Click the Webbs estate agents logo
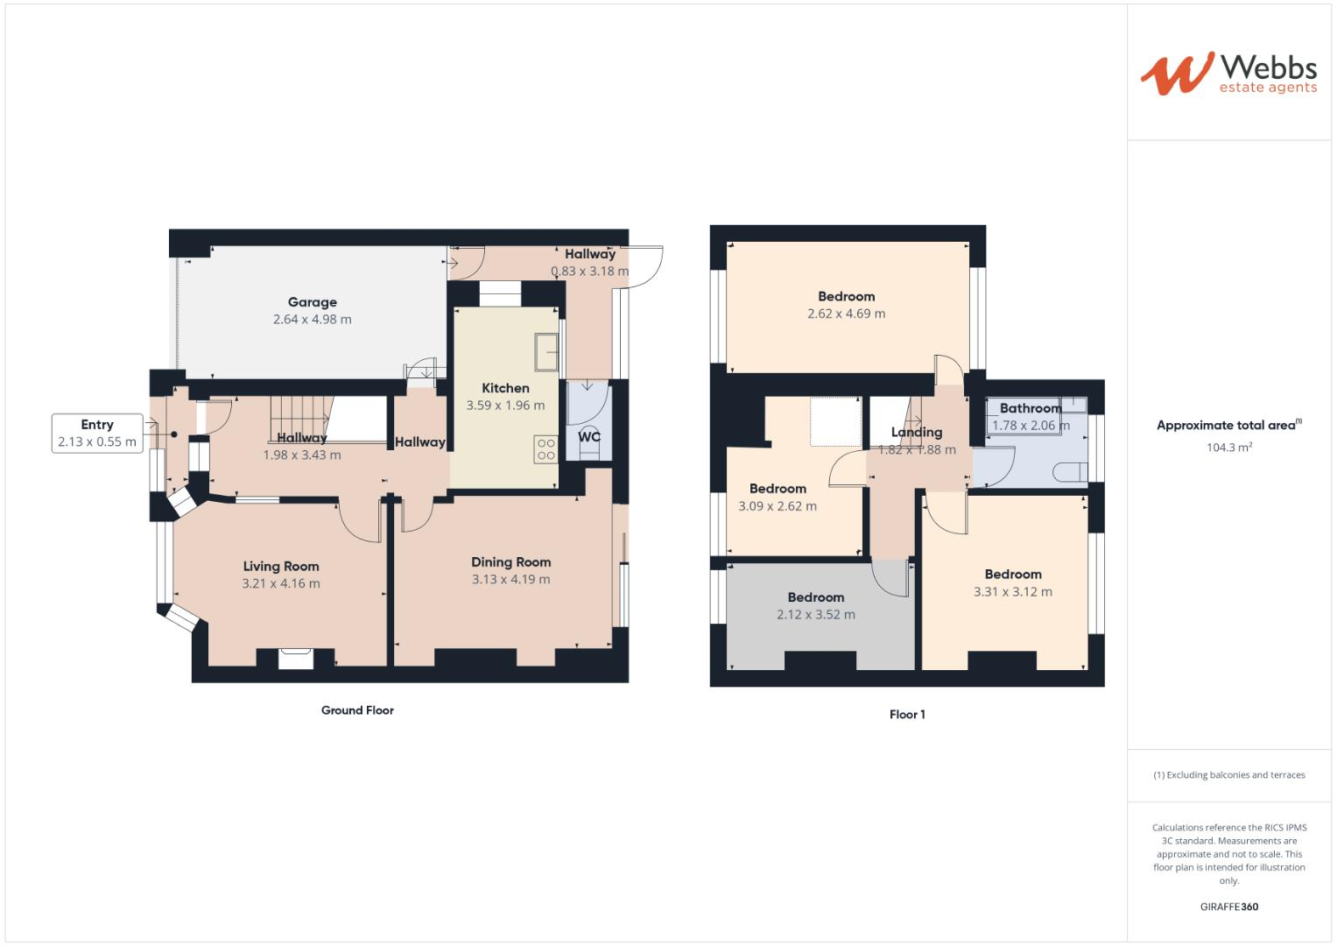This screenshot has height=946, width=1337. [x=1228, y=74]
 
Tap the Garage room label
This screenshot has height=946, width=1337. [x=312, y=302]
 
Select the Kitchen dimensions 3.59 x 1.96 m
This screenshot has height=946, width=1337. [x=505, y=406]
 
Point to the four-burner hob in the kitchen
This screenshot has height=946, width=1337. [x=546, y=449]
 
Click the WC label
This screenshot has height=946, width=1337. [x=589, y=436]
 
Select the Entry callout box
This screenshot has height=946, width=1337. [x=97, y=434]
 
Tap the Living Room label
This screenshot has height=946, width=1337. [x=280, y=566]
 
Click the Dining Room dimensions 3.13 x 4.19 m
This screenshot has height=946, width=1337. [x=510, y=579]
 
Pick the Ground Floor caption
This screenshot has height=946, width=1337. [x=357, y=710]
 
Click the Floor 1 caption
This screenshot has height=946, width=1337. [x=907, y=715]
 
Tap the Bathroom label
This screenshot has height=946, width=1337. [x=1031, y=408]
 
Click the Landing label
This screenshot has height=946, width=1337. [x=916, y=432]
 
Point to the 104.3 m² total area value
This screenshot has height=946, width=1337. [x=1228, y=448]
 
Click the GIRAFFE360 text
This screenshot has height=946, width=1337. [x=1228, y=907]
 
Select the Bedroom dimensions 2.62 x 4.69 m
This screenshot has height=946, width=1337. [x=846, y=314]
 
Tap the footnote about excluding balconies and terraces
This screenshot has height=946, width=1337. [x=1228, y=775]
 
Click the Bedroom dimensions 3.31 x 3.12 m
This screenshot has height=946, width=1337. [x=1012, y=592]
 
